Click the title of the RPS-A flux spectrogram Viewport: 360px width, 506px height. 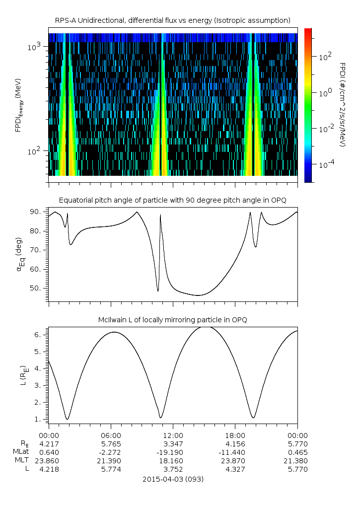[172, 20]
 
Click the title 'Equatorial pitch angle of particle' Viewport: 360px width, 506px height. [172, 200]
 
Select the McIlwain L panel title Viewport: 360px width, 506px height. [172, 319]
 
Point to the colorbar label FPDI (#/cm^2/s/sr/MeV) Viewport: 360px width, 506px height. [342, 104]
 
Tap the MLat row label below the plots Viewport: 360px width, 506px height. [21, 452]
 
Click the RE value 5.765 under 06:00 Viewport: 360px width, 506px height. [110, 444]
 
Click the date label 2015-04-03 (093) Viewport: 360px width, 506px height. [172, 479]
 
